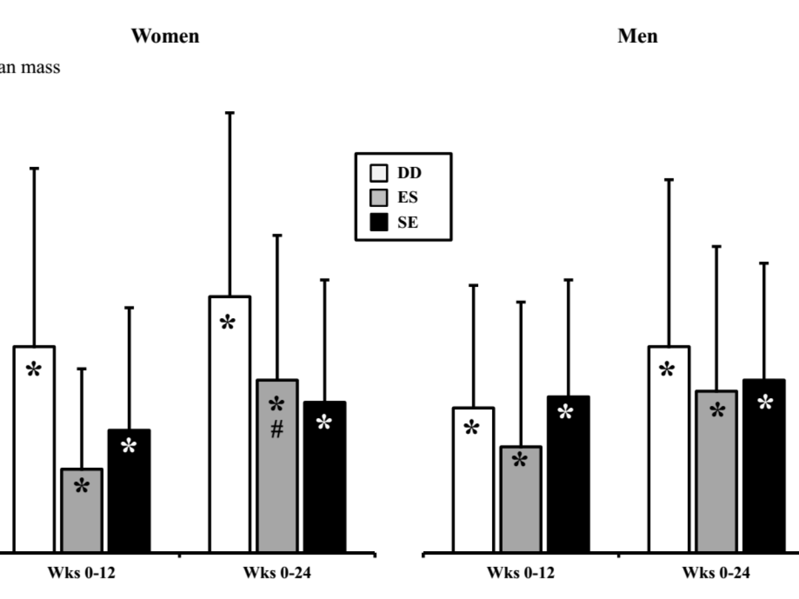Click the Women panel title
(164, 35)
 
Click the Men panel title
(637, 35)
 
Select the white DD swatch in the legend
(378, 174)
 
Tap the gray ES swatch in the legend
(378, 198)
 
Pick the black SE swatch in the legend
(378, 222)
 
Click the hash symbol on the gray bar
(277, 431)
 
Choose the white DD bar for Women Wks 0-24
(230, 433)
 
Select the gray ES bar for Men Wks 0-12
(521, 506)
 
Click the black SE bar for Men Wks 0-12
(568, 479)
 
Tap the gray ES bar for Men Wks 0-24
(716, 479)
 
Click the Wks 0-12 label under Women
(81, 572)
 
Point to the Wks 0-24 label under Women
(276, 572)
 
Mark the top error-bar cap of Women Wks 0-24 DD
(230, 113)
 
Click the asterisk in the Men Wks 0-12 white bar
(472, 428)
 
